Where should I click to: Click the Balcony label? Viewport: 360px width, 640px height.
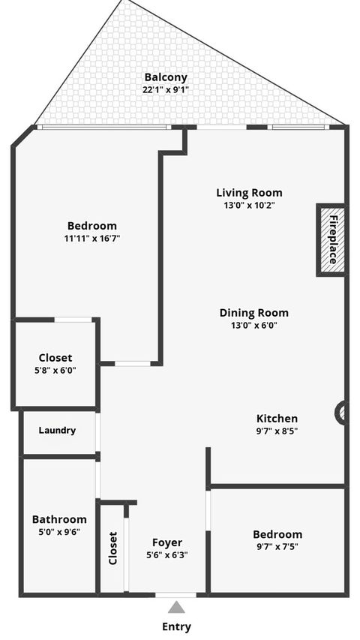(x=166, y=77)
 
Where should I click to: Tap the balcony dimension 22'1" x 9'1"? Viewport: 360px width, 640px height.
(x=166, y=89)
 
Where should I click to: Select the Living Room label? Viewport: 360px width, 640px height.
(x=249, y=193)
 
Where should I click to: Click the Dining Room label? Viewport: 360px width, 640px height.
(x=253, y=313)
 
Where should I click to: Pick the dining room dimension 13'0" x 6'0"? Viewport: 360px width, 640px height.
(x=253, y=326)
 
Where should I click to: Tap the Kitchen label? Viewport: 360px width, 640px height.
(x=277, y=419)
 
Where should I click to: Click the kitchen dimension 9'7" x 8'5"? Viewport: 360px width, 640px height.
(x=277, y=431)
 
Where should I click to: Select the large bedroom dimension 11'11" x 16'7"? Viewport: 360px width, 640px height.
(x=91, y=239)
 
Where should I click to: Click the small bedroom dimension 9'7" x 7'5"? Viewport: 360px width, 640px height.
(x=277, y=547)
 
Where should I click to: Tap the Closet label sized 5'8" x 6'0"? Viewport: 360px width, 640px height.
(x=55, y=358)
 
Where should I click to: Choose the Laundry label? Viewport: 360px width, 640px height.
(x=57, y=431)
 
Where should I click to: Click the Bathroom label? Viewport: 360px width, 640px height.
(x=58, y=519)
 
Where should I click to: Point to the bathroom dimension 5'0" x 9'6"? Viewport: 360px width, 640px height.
(x=58, y=532)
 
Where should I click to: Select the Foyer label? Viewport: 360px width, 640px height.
(x=167, y=542)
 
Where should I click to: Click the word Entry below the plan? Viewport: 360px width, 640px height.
(x=176, y=626)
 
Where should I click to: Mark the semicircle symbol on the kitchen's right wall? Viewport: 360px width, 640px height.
(x=341, y=413)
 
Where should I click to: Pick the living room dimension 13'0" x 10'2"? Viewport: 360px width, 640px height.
(x=249, y=206)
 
